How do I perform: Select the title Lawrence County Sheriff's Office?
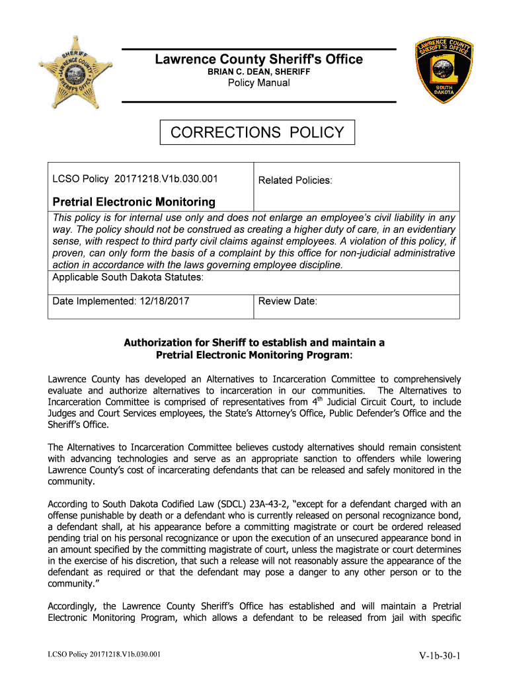tap(258, 60)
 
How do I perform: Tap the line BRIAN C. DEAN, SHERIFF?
tap(258, 71)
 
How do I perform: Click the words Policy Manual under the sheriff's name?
tap(258, 83)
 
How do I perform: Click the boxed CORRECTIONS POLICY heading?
tap(257, 132)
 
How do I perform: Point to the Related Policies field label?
tap(295, 180)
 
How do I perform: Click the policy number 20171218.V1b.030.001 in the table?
tap(167, 179)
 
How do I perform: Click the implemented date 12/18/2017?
tap(165, 301)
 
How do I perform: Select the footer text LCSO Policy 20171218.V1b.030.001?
tap(104, 655)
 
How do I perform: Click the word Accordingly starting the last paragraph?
tap(73, 606)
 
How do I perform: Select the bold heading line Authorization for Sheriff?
tap(255, 342)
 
